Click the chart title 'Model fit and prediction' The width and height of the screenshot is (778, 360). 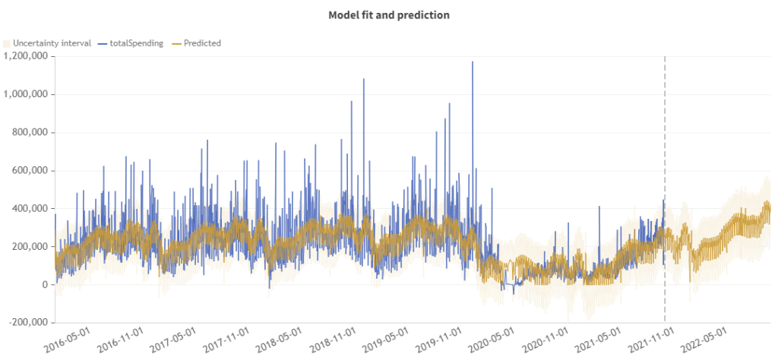point(389,14)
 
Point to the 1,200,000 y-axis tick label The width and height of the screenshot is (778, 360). point(27,56)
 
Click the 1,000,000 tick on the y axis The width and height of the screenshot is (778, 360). point(27,94)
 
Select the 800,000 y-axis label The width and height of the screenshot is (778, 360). point(31,132)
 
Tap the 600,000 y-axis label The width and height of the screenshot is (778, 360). point(31,171)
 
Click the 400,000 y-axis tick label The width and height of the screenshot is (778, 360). point(31,209)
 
